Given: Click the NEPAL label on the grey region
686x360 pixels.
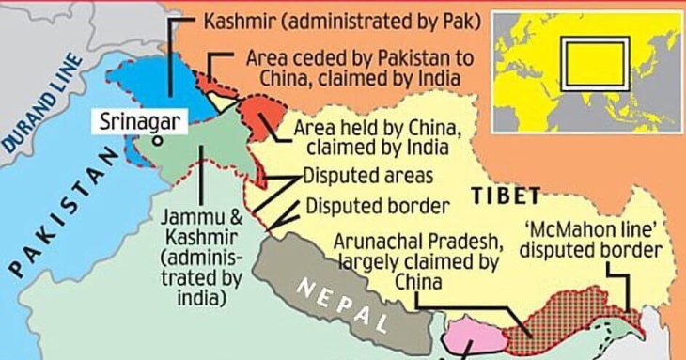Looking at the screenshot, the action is (345, 302).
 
